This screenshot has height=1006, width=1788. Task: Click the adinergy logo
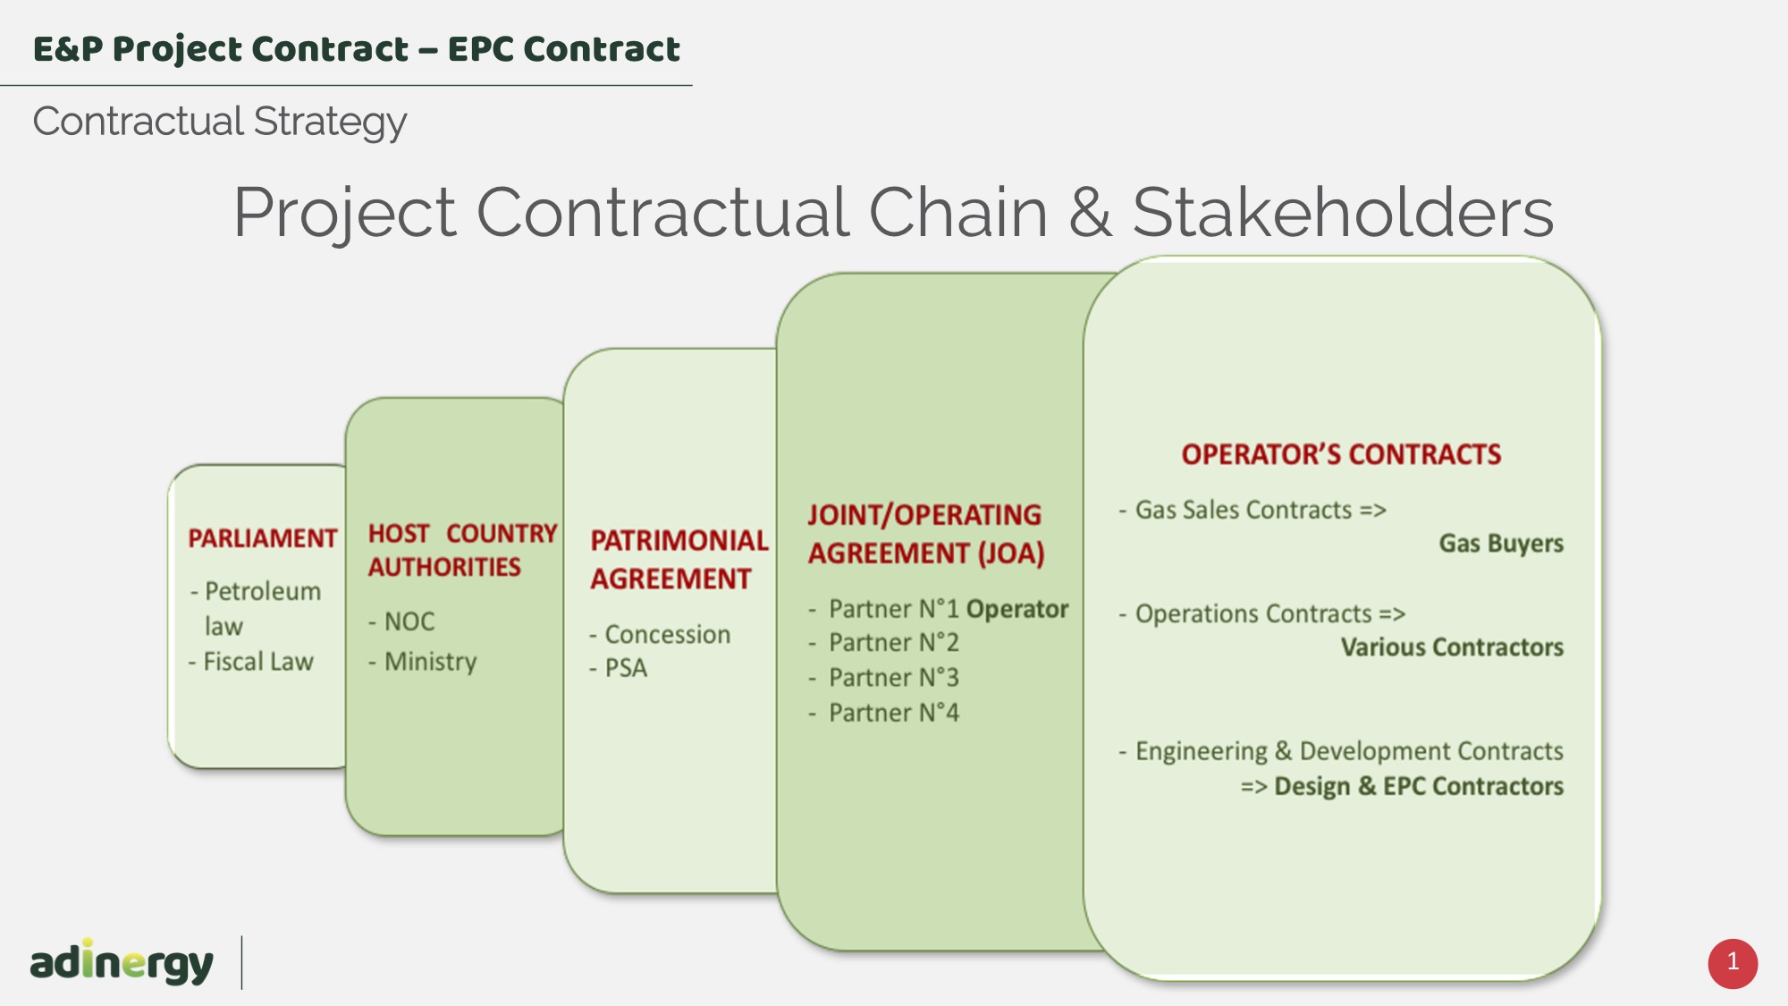click(122, 961)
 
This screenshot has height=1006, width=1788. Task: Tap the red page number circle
click(1733, 963)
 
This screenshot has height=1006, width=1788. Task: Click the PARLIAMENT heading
click(263, 538)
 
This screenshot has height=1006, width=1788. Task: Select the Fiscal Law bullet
click(251, 662)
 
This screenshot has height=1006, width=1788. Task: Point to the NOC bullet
click(401, 621)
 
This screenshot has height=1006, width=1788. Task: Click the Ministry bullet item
click(422, 662)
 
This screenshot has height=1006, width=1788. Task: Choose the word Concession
click(668, 634)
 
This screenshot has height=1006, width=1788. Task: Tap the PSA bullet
click(618, 668)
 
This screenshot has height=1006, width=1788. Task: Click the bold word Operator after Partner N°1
click(1017, 609)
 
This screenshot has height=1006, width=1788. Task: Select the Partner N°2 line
click(883, 643)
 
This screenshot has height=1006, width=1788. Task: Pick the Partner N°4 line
click(883, 713)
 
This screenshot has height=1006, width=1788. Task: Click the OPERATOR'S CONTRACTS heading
click(1341, 454)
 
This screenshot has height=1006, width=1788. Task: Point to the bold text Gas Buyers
click(1501, 544)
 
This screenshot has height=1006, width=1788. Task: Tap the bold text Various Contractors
click(1452, 647)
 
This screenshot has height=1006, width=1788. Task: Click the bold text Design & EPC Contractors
click(1419, 786)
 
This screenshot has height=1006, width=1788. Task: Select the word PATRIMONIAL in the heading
click(679, 540)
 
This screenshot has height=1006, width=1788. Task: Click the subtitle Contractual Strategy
click(220, 122)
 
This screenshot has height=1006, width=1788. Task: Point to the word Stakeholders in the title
click(1343, 212)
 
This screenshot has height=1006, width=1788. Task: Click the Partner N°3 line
click(883, 678)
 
